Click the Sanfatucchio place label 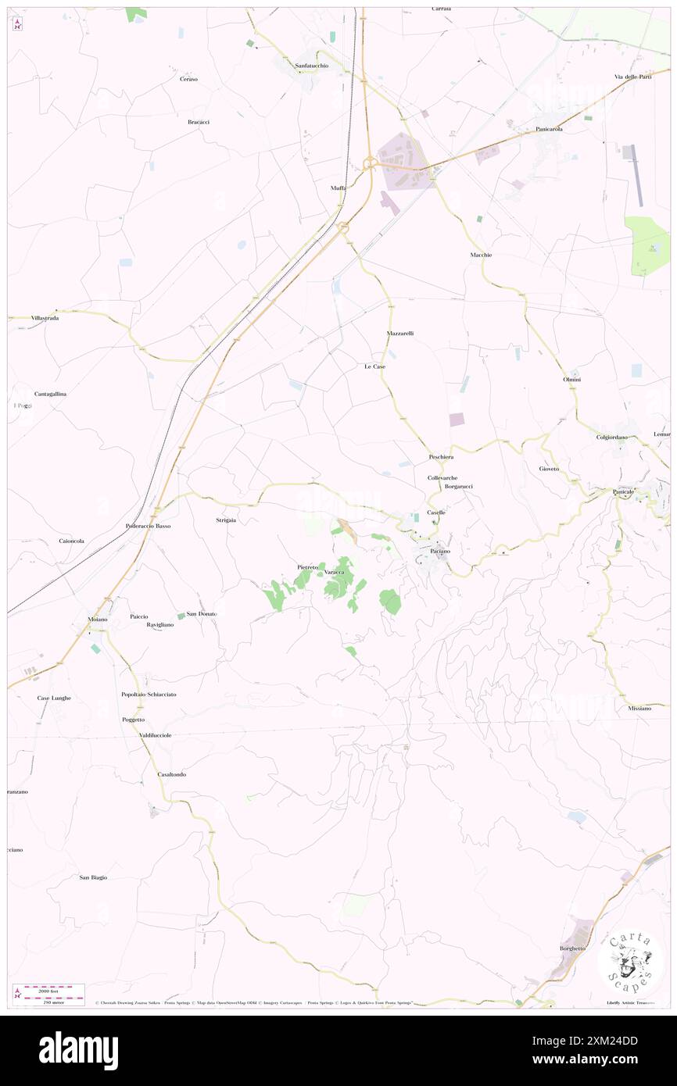click(x=311, y=66)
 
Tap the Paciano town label click(x=439, y=551)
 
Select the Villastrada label click(x=45, y=318)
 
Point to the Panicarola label click(x=549, y=128)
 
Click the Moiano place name click(x=98, y=619)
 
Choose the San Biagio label click(x=93, y=877)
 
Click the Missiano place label click(x=639, y=708)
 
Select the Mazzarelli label click(x=399, y=334)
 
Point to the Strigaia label click(x=226, y=520)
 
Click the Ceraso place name click(x=188, y=80)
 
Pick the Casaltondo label click(x=171, y=774)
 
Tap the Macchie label click(x=481, y=255)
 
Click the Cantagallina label click(x=50, y=394)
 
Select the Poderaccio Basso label click(x=148, y=526)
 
